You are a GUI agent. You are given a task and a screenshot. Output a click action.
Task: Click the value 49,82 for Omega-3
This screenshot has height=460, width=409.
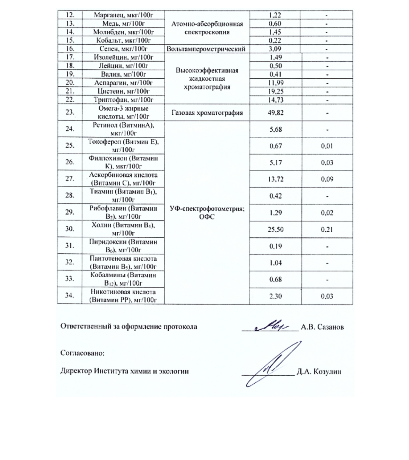(275, 113)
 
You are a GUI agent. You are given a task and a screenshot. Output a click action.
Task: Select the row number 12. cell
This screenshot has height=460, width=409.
(70, 15)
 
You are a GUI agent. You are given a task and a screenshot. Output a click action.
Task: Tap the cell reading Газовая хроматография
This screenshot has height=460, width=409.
(207, 113)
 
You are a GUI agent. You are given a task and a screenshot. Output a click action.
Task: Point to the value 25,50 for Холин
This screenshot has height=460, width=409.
(275, 230)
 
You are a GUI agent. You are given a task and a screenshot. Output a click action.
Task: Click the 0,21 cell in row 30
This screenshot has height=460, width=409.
(327, 230)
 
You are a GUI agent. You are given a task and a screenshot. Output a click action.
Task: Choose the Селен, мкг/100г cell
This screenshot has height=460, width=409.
(123, 49)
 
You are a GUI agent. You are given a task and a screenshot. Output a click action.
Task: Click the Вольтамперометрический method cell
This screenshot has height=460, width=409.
(207, 49)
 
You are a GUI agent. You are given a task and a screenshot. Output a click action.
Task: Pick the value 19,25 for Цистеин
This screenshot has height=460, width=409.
(275, 91)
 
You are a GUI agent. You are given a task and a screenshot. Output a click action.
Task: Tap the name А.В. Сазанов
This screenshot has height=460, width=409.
(322, 327)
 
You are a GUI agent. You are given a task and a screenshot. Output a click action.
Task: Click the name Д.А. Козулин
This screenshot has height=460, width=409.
(319, 372)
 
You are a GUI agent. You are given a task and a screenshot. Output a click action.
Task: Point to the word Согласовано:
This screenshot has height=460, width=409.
(82, 353)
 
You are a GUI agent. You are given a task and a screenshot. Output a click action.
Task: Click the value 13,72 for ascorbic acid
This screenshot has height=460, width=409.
(275, 179)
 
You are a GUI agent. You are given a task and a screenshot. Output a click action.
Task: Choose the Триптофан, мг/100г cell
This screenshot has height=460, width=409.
(123, 100)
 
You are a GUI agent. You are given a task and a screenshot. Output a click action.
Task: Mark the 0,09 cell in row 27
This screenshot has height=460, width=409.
(327, 179)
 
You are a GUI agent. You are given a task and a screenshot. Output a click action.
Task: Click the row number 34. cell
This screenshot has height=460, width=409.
(70, 295)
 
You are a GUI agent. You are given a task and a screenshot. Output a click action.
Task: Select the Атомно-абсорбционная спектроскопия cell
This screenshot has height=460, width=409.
(207, 28)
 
